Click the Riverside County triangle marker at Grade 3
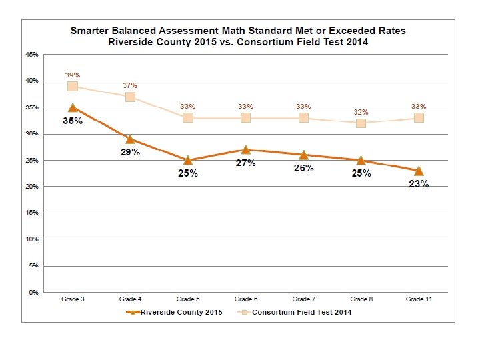[72, 107]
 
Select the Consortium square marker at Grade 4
[130, 97]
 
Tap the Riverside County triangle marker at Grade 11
[419, 171]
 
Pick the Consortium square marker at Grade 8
[361, 123]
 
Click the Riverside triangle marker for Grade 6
[245, 149]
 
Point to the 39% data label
[72, 75]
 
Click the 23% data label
[419, 184]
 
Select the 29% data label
[130, 153]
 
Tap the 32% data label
[361, 112]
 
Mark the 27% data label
[246, 163]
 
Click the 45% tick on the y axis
[32, 55]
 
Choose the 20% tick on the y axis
[32, 187]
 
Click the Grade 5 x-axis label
[187, 300]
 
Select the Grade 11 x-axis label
[419, 300]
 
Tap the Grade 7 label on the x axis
[303, 300]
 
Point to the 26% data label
[303, 168]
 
